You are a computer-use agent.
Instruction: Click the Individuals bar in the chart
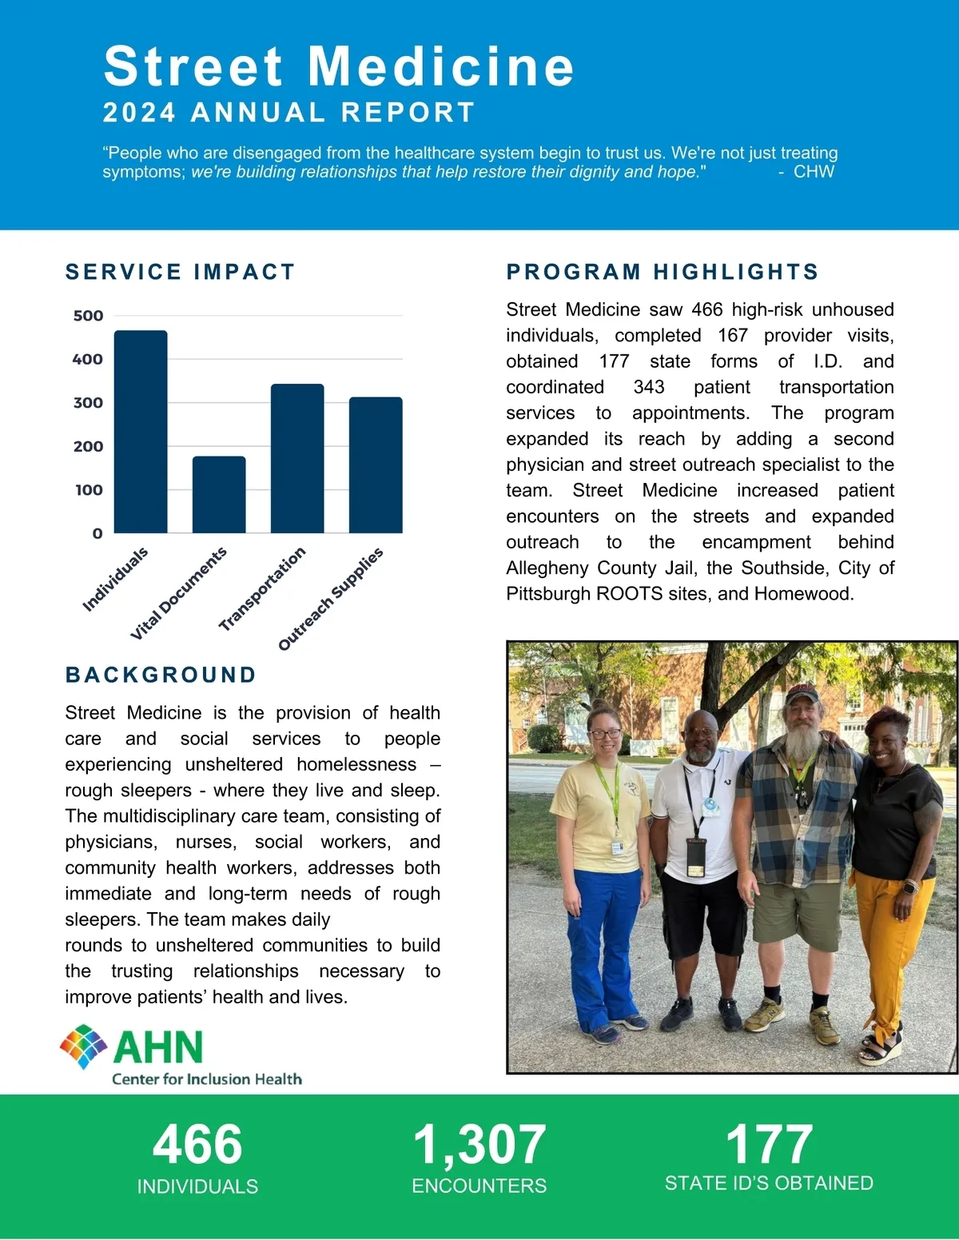[141, 432]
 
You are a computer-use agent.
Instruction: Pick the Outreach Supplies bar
[376, 465]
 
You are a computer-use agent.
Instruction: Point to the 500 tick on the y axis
[88, 316]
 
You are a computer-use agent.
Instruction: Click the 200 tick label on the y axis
[88, 446]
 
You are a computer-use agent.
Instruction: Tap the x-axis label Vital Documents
[179, 593]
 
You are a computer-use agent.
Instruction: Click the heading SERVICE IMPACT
[180, 272]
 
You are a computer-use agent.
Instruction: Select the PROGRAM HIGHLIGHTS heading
[663, 272]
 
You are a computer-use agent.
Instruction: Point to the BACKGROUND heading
[161, 675]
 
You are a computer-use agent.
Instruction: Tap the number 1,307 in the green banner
[479, 1144]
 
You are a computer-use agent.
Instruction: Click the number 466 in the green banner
[197, 1144]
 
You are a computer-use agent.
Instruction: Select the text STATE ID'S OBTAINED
[769, 1183]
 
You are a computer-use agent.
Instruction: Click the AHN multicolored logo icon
[84, 1047]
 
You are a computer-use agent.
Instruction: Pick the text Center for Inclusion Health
[207, 1079]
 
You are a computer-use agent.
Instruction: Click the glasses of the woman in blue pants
[604, 733]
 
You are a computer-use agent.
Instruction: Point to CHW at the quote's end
[814, 171]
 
